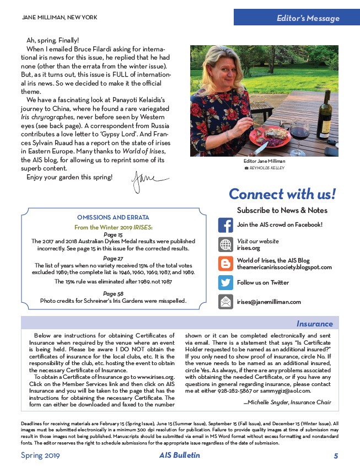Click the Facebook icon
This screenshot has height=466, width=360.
click(x=225, y=225)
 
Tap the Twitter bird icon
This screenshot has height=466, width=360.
click(x=225, y=282)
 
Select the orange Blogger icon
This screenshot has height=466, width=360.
click(x=225, y=263)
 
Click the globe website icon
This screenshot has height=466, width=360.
click(x=225, y=244)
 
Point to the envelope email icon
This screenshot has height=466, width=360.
click(x=225, y=301)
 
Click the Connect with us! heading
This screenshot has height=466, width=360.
click(x=282, y=194)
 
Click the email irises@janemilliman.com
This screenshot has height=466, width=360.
click(x=268, y=302)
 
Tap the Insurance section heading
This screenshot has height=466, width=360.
click(x=314, y=323)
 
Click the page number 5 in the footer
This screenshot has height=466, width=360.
click(x=336, y=456)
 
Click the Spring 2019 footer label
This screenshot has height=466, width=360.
click(x=40, y=456)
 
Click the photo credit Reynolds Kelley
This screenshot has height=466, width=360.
click(x=266, y=168)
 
